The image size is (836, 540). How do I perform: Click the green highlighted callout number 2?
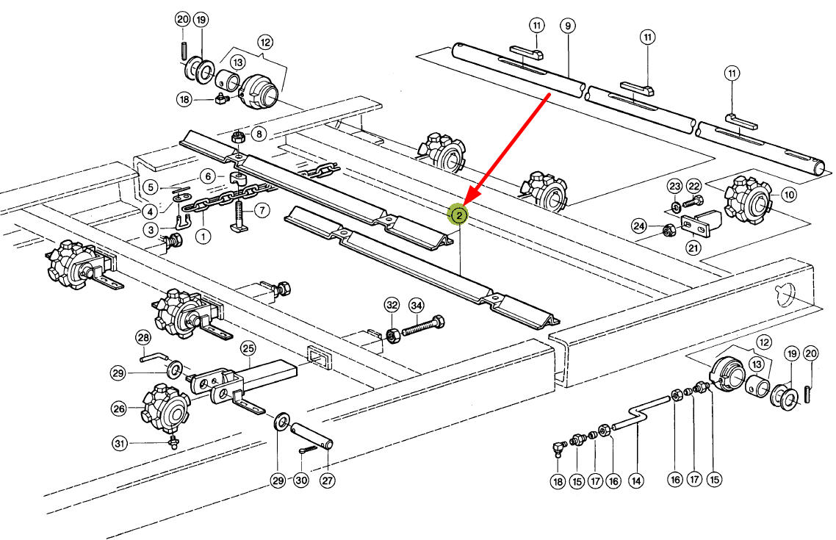tap(458, 215)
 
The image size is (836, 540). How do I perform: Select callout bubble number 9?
tap(567, 25)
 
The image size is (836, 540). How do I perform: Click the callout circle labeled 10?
tap(788, 195)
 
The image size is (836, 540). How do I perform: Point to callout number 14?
tap(636, 480)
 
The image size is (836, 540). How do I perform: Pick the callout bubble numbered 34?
tap(417, 305)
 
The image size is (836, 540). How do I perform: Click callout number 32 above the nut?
tap(392, 305)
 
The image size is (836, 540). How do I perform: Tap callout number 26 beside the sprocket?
tap(119, 408)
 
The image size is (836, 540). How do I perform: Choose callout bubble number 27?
tap(327, 480)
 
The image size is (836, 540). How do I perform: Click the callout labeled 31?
tap(119, 443)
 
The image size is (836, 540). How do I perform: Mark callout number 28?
tap(143, 337)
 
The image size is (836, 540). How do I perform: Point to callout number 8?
tap(259, 134)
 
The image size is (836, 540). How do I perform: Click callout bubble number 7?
tap(260, 212)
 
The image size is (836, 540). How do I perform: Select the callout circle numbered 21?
tap(693, 248)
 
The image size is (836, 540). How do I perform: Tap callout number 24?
tap(640, 226)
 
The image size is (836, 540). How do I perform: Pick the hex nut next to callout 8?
tap(237, 136)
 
